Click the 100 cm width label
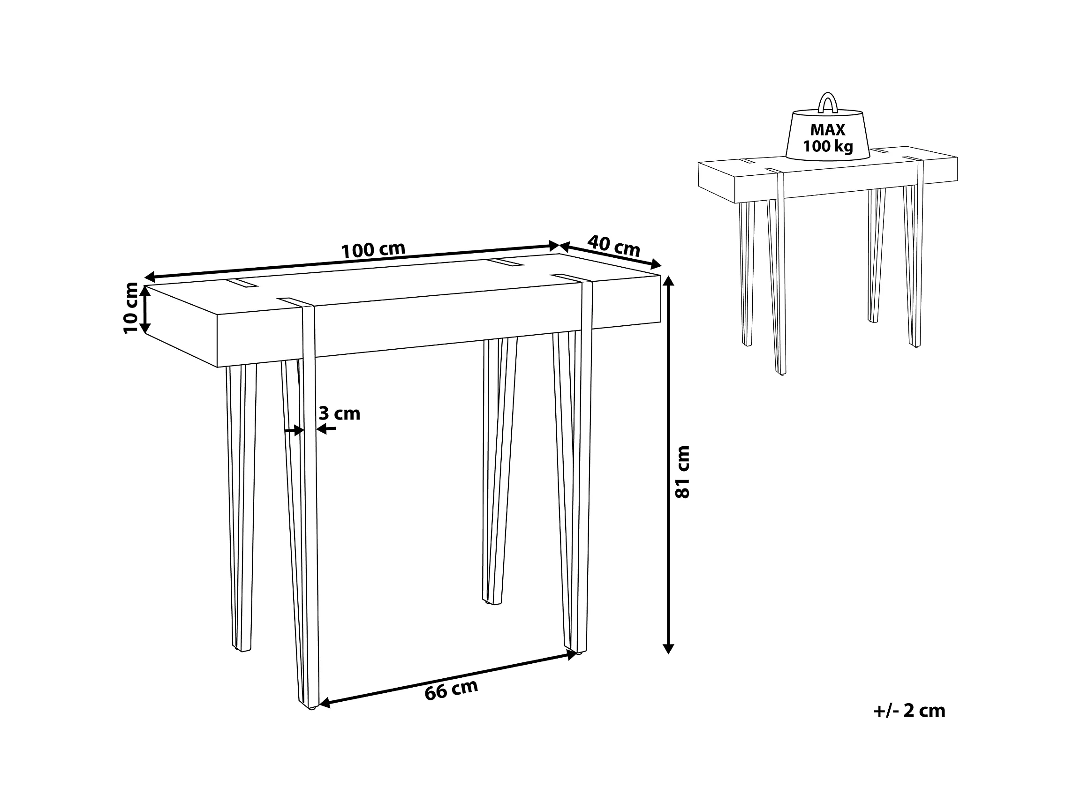[373, 250]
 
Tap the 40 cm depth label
[614, 246]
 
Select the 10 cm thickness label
[131, 308]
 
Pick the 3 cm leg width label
[339, 414]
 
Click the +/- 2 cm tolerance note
[909, 710]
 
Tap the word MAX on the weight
[827, 129]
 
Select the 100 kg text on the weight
[828, 146]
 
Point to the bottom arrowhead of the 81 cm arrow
[669, 648]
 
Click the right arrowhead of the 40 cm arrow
[656, 265]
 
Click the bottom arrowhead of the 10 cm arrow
[144, 328]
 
